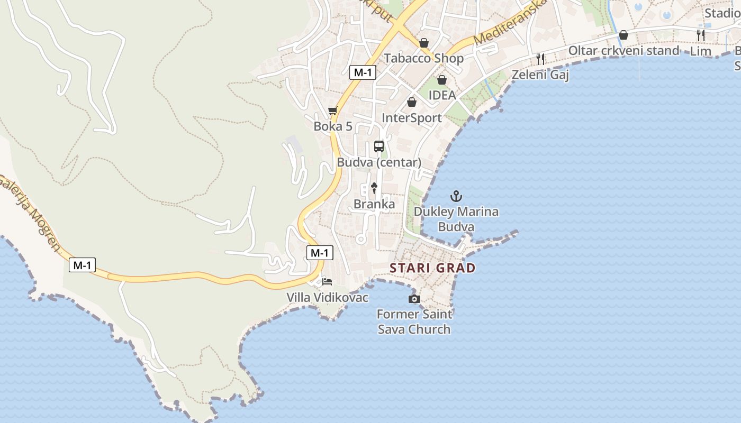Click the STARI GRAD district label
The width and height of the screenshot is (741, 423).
[432, 268]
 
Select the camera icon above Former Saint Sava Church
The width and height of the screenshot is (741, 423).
[414, 299]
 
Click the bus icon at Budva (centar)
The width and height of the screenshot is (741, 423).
[379, 146]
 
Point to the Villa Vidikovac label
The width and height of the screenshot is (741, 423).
[327, 298]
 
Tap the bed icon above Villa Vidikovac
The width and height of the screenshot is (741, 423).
[327, 282]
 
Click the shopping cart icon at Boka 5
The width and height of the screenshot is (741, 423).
[333, 111]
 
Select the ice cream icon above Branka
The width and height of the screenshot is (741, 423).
[374, 188]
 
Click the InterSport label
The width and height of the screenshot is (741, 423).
[411, 118]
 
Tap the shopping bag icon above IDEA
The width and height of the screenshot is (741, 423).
[442, 80]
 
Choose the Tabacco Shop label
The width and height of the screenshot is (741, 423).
[423, 58]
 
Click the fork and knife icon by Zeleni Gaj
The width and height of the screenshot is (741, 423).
[540, 59]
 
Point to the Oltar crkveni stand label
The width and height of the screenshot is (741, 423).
[623, 51]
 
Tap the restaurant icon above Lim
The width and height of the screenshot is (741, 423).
[701, 35]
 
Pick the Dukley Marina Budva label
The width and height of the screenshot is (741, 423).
[456, 219]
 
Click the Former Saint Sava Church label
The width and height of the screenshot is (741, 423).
[414, 321]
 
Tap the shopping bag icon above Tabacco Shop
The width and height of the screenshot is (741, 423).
[424, 43]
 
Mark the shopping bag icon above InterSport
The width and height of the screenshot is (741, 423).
[412, 102]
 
